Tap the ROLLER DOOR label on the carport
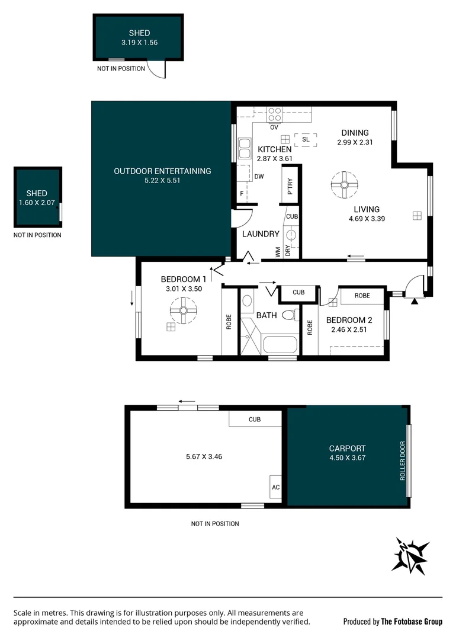pos(403,461)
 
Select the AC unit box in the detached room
pos(275,487)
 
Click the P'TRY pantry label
pos(290,188)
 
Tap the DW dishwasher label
pos(259,177)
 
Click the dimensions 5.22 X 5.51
pos(162,181)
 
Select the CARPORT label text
pos(347,449)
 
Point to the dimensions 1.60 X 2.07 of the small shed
pos(37,203)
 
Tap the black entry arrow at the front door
pos(414,302)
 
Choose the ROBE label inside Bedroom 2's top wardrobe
pos(362,295)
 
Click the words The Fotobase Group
pos(412,622)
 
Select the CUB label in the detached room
pos(255,420)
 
